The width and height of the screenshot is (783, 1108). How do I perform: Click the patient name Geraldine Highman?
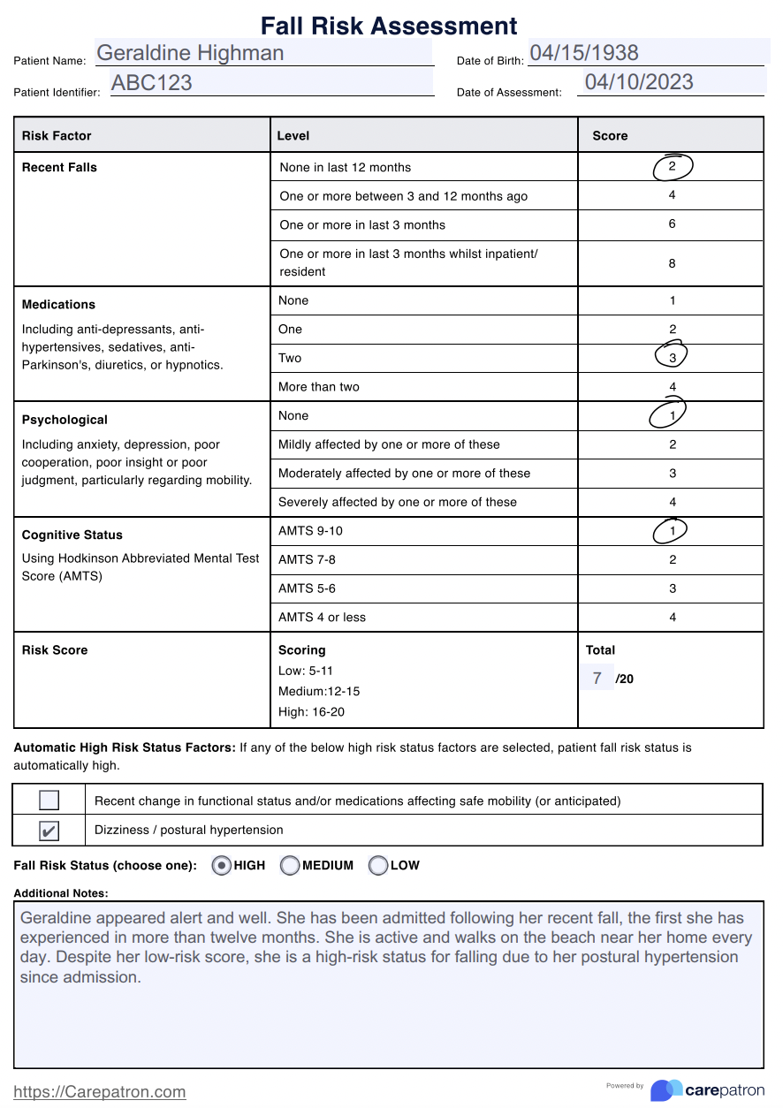190,53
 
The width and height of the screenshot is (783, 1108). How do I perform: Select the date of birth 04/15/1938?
584,52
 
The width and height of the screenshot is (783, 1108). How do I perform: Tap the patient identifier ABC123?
151,83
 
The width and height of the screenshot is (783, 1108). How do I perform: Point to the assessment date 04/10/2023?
639,82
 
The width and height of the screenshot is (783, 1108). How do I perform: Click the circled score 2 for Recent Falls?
673,166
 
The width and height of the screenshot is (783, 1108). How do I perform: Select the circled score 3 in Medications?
673,357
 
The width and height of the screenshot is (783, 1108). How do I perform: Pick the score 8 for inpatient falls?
672,263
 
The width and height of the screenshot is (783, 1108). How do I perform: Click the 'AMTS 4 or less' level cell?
322,618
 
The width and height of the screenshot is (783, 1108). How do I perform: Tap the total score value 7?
597,679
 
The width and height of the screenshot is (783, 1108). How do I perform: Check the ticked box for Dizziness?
49,831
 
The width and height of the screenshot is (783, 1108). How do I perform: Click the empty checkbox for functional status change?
49,801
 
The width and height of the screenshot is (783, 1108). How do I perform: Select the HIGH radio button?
222,866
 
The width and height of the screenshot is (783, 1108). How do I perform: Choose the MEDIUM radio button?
290,866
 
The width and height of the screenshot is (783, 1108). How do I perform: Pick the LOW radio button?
378,866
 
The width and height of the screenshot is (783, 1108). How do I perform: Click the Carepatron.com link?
100,1092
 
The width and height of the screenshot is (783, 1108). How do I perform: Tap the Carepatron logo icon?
666,1090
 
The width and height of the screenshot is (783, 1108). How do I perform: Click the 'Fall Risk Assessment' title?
389,26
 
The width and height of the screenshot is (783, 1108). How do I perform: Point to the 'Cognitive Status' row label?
72,535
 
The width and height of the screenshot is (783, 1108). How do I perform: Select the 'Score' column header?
610,136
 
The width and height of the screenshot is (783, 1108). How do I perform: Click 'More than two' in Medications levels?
319,387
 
